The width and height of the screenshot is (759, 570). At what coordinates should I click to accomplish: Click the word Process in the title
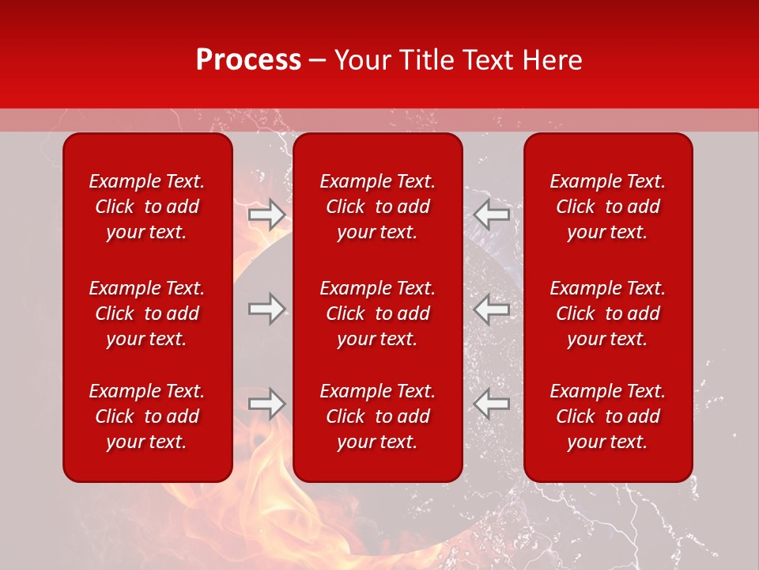click(x=248, y=60)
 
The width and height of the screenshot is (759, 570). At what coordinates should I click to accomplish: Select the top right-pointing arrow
click(x=266, y=215)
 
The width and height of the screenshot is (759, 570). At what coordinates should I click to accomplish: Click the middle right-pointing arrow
click(x=266, y=309)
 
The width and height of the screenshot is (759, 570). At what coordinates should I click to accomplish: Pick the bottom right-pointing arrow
click(x=266, y=404)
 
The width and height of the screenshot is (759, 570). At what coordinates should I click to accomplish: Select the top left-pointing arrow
click(x=492, y=215)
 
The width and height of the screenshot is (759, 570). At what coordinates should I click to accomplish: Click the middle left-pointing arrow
click(x=492, y=309)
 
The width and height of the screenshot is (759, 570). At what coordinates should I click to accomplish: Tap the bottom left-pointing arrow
click(x=492, y=404)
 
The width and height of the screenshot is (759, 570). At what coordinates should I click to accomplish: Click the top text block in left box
click(x=147, y=207)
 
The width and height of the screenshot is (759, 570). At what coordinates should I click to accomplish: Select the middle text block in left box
click(x=147, y=313)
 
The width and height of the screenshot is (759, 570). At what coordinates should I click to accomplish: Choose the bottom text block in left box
click(x=147, y=416)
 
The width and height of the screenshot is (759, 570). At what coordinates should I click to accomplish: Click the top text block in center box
click(x=377, y=207)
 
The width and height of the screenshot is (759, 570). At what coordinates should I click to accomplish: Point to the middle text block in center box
click(x=377, y=313)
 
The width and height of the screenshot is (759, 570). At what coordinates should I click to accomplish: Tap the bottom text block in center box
click(x=377, y=416)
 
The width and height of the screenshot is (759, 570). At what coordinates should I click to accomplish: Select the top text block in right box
click(x=607, y=207)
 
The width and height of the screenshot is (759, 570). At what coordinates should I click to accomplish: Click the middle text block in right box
click(x=607, y=313)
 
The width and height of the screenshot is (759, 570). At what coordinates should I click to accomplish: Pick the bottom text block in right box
click(x=607, y=416)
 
